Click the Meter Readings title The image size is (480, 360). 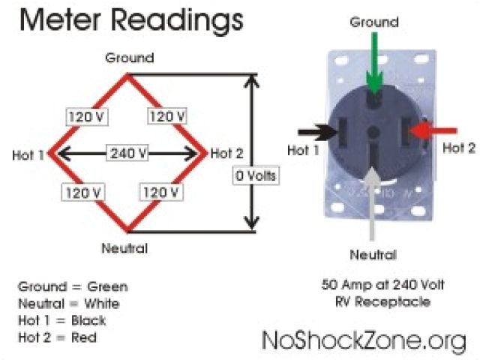coord(131,19)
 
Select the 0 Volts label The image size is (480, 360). coord(255,177)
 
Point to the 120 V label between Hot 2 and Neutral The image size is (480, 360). coord(159,192)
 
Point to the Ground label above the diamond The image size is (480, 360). coord(129,58)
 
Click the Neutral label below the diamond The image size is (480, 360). coord(126,248)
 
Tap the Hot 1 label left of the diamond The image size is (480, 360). coord(29,155)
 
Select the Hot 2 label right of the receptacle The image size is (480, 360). coord(458,148)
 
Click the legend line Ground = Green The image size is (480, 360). coord(73,286)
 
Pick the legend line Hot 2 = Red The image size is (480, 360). coord(57,337)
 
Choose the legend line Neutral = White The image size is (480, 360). coord(68,304)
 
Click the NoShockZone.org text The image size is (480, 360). coord(364,340)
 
